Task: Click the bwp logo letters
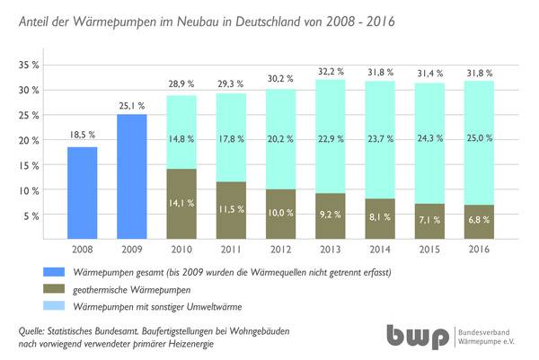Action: (418, 336)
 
